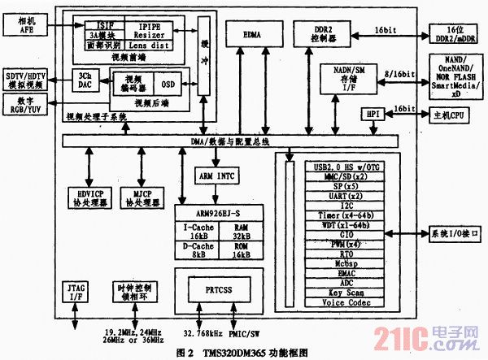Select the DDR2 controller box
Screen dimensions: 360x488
(x=325, y=35)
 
